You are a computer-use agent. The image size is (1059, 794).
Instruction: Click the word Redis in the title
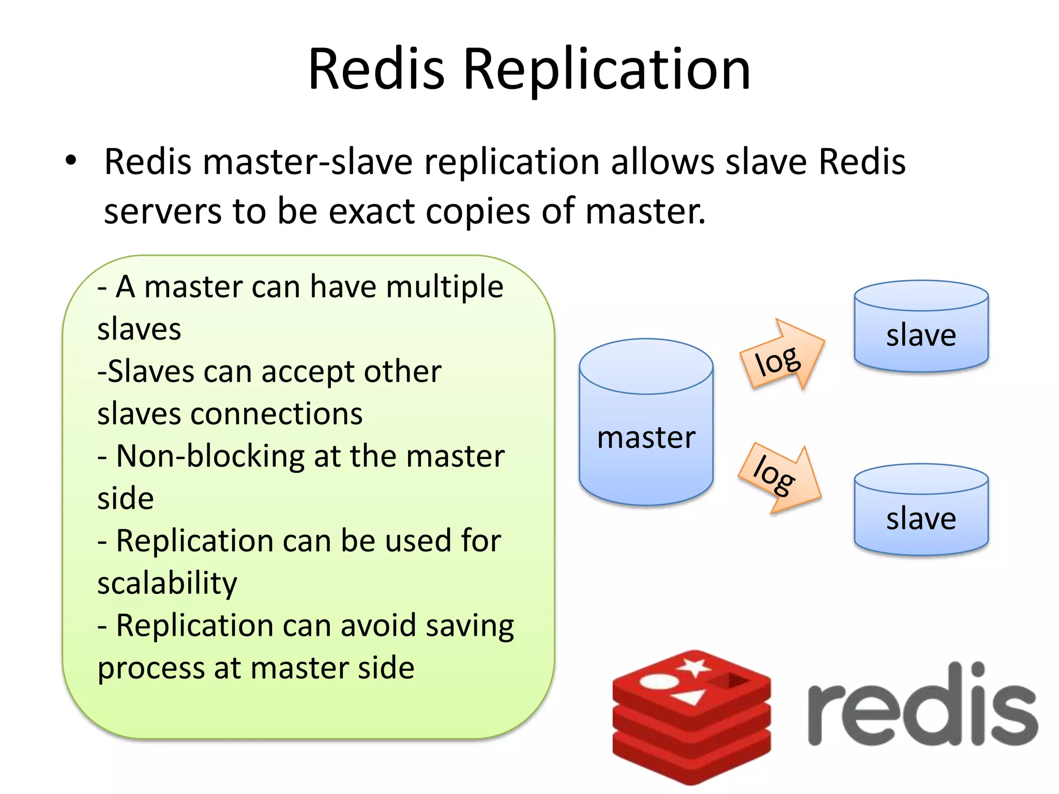point(376,70)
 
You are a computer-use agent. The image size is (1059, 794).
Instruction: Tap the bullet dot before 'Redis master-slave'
point(71,160)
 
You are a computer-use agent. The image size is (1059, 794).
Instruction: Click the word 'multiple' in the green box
point(444,287)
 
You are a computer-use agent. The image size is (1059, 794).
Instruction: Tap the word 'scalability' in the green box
point(167,583)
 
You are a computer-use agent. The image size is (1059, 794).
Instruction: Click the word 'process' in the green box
point(150,668)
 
